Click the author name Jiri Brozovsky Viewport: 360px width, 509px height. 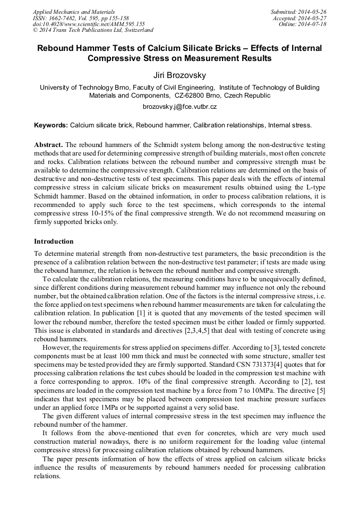pyautogui.click(x=179, y=75)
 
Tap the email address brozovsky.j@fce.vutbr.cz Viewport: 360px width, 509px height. pyautogui.click(x=179, y=107)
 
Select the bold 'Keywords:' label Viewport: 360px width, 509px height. pyautogui.click(x=51, y=125)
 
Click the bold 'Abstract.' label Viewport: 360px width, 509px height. pyautogui.click(x=48, y=145)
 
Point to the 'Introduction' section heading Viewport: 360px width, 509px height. pyautogui.click(x=54, y=241)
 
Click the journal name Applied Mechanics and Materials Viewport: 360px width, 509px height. pyautogui.click(x=74, y=12)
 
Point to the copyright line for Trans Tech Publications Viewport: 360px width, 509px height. pyautogui.click(x=93, y=31)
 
